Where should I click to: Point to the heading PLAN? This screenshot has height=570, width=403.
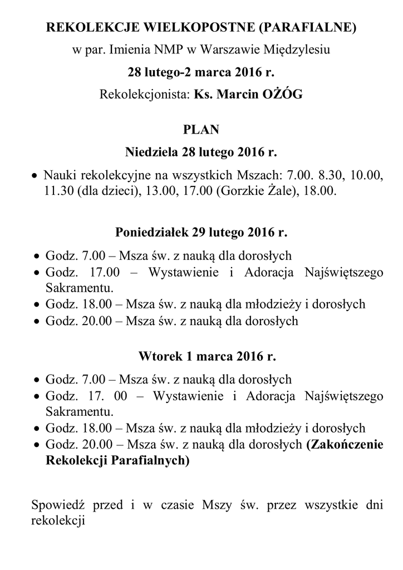(x=201, y=130)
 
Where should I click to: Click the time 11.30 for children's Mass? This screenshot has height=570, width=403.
(x=60, y=191)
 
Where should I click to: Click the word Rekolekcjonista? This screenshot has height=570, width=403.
(x=144, y=95)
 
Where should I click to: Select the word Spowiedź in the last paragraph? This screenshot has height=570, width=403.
(x=57, y=506)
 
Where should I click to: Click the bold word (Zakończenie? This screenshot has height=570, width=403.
(x=345, y=444)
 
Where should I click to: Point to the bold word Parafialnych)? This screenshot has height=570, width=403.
(x=150, y=460)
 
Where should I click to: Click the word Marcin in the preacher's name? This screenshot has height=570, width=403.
(x=237, y=95)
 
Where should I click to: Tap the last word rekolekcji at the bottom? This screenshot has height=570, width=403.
(x=57, y=522)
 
